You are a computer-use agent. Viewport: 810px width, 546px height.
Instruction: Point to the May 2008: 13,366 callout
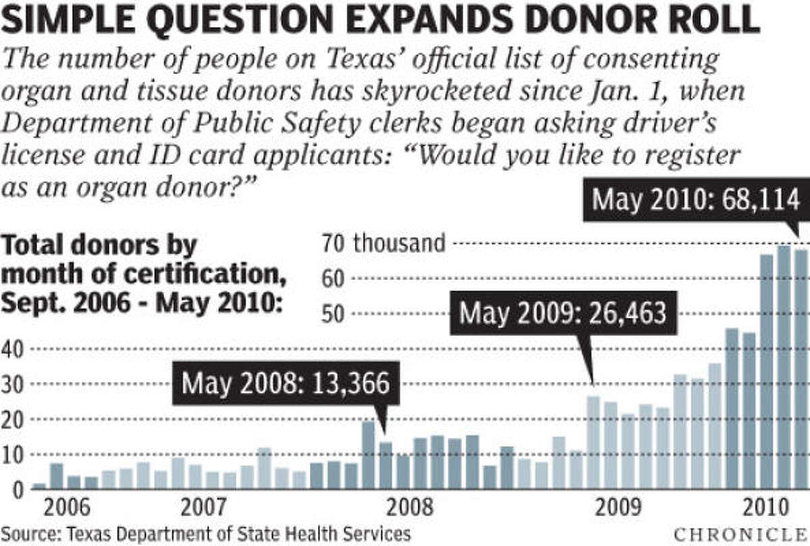(x=286, y=384)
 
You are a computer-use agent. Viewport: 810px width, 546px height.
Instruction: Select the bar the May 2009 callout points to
(x=593, y=443)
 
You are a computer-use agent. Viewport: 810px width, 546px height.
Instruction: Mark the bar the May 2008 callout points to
(x=385, y=466)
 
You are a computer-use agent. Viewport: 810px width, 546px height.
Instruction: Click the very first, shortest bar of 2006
(x=39, y=486)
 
